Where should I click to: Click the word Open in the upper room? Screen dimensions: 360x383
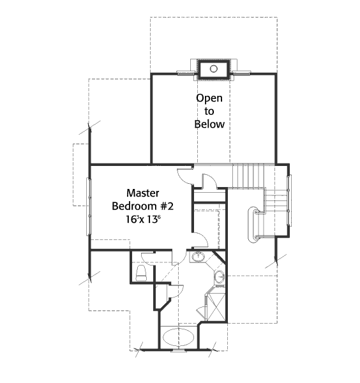click(x=209, y=98)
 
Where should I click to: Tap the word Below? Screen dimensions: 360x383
click(x=209, y=124)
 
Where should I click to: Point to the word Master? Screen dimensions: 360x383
click(x=143, y=193)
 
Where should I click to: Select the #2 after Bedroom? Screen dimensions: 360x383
click(x=167, y=206)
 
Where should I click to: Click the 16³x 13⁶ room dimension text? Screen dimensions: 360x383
click(x=143, y=219)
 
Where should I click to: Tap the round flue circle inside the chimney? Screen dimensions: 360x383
click(x=213, y=69)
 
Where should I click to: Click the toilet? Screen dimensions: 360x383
click(x=141, y=273)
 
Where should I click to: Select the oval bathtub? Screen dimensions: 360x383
click(x=178, y=337)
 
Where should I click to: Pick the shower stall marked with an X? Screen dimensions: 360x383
click(x=216, y=306)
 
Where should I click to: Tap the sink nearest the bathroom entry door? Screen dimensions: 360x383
click(x=198, y=257)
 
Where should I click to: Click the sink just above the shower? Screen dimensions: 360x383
click(x=220, y=277)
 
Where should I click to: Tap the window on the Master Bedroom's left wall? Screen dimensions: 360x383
click(x=89, y=207)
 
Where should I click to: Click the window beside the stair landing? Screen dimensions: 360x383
click(x=289, y=200)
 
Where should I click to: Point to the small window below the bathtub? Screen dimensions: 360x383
click(x=178, y=350)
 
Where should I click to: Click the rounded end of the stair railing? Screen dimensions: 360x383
click(x=251, y=225)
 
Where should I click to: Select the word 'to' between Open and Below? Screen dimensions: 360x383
click(x=209, y=111)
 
